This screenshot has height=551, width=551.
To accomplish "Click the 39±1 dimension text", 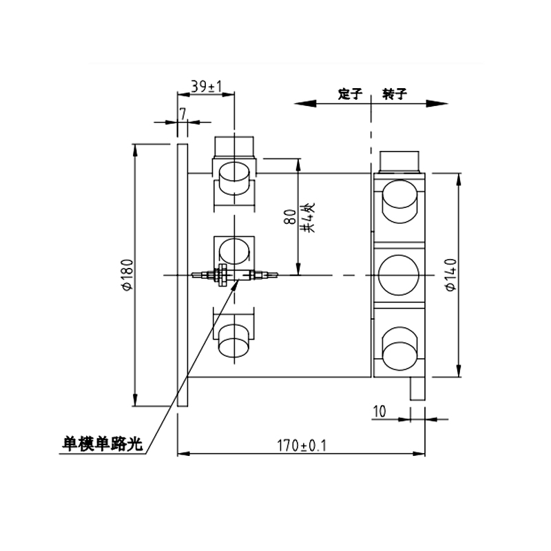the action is click(207, 87).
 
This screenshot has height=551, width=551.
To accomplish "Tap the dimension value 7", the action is click(183, 114).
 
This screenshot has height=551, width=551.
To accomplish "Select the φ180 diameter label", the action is click(128, 275).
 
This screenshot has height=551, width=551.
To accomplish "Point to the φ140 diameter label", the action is click(450, 275).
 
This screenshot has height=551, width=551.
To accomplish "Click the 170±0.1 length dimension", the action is click(302, 446).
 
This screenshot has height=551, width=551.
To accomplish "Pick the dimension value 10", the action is click(380, 411).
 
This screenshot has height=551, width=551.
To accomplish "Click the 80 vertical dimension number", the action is click(291, 217).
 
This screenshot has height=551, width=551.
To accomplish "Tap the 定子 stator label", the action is click(350, 94).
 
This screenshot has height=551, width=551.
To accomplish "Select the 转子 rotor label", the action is click(395, 94).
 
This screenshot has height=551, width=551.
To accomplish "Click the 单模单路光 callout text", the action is click(103, 444).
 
